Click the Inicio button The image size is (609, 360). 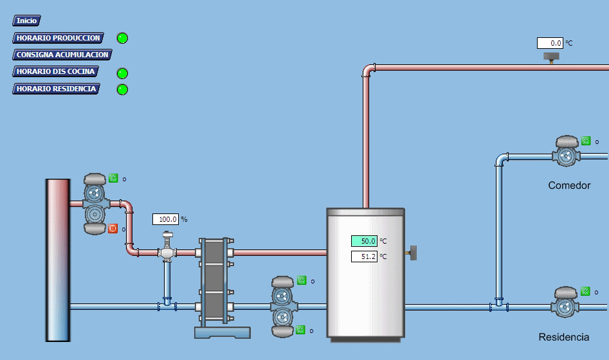[26, 21]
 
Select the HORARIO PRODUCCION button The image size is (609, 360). [58, 38]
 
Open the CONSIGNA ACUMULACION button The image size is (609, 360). [62, 55]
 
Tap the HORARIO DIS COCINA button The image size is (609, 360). [56, 71]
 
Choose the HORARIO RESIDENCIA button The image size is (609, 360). [56, 89]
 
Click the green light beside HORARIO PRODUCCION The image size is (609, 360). [122, 39]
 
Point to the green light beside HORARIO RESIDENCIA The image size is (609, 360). [122, 89]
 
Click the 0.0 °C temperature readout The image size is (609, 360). [550, 43]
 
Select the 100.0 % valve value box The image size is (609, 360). [165, 219]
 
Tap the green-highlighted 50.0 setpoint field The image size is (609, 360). [364, 241]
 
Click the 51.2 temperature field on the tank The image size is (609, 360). [364, 256]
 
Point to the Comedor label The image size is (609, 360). [569, 185]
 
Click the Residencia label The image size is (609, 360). [563, 337]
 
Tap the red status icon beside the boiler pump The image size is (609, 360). [113, 228]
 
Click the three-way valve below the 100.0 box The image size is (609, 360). [167, 249]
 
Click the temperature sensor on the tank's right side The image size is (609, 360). [413, 253]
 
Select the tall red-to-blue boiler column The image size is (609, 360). [57, 260]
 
